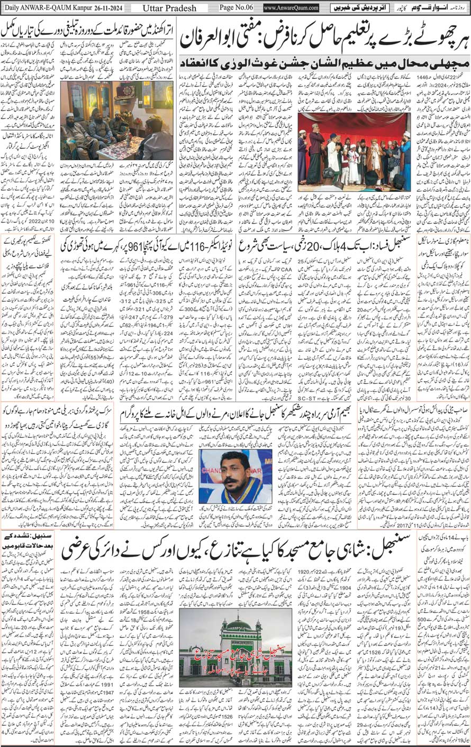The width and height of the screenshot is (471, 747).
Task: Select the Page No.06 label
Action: point(234,8)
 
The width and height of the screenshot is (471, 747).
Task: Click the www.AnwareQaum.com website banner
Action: point(291,8)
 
